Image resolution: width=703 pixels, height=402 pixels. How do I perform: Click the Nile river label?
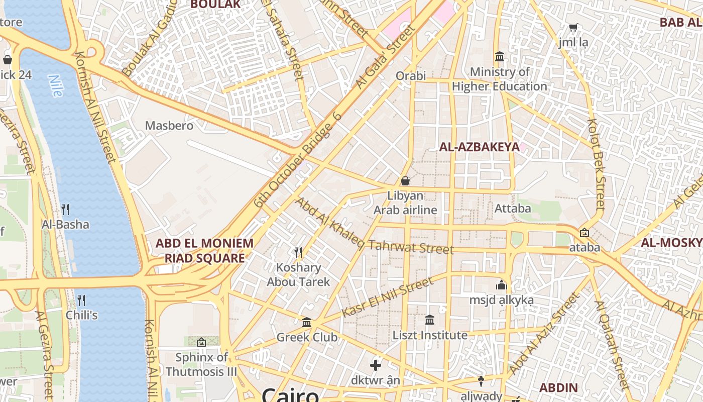56,86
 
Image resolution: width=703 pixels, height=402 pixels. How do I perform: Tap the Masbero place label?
169,126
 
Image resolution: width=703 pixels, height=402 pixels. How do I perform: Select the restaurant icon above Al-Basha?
65,209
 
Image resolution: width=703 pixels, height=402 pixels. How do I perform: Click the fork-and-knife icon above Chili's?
81,300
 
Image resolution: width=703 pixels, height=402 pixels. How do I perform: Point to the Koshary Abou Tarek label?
298,275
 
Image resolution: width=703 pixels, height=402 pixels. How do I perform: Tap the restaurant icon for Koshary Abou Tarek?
298,252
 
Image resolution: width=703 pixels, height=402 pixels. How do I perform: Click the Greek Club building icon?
307,322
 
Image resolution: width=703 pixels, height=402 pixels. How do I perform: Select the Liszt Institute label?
430,335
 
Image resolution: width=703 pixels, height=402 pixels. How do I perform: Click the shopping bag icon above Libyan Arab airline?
405,180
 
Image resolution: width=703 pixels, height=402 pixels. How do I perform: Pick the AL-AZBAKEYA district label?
479,147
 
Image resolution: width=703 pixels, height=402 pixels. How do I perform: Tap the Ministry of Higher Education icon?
499,56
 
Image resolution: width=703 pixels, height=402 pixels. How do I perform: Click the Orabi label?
410,76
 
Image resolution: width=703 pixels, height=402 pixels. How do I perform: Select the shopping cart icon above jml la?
573,27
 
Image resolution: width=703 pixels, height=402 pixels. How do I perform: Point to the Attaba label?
513,208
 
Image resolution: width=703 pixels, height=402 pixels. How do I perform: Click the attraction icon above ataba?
584,233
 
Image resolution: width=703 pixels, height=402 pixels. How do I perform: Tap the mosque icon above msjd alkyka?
501,285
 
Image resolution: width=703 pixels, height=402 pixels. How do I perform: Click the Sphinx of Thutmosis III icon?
201,342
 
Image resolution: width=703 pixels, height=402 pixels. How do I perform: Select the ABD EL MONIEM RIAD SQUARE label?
204,251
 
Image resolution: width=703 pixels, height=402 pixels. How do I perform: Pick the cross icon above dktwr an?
376,365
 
